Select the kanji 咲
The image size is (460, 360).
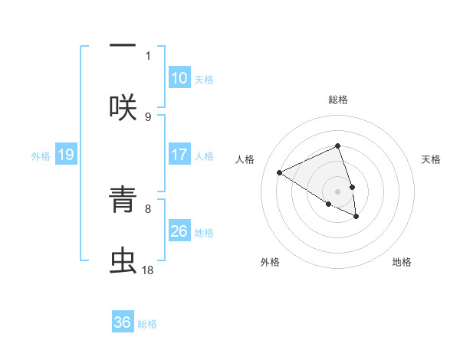(x=123, y=107)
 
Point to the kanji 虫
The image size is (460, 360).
(x=123, y=260)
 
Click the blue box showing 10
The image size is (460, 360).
(x=179, y=78)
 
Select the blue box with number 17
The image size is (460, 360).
(x=179, y=155)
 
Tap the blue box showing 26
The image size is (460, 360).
(x=179, y=231)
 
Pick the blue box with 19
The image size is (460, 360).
(x=66, y=155)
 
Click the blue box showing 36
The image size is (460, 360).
(x=123, y=322)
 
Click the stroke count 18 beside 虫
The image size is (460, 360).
(x=147, y=270)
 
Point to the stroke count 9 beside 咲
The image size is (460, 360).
(x=148, y=116)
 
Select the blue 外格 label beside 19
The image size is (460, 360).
(x=41, y=156)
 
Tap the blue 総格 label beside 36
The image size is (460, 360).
(x=147, y=324)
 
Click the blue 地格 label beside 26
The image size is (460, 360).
(x=204, y=232)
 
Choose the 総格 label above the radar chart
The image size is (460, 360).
(x=338, y=100)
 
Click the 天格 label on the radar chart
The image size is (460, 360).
(x=432, y=159)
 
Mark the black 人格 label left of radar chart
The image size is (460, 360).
(x=245, y=159)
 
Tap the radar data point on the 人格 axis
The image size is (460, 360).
(x=280, y=172)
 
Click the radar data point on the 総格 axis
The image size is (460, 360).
(x=338, y=146)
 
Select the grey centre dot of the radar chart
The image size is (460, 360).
(x=338, y=191)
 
